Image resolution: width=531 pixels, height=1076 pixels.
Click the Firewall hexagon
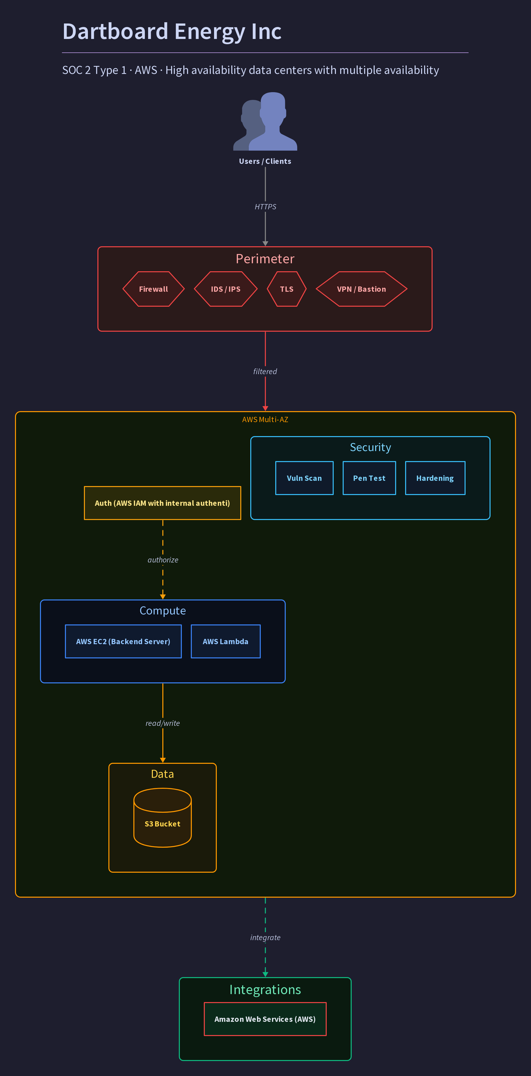click(153, 289)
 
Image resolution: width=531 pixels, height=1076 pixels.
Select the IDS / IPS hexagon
click(226, 289)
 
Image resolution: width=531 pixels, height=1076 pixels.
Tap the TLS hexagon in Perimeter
click(286, 289)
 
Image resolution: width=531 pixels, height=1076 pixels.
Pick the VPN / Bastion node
click(361, 289)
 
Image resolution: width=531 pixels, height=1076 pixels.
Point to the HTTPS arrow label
click(265, 207)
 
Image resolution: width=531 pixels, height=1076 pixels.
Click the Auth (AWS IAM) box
click(163, 503)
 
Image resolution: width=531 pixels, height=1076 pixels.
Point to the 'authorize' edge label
click(163, 560)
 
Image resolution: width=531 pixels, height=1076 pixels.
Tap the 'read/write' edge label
click(163, 723)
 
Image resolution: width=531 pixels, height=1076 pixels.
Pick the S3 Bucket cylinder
click(163, 817)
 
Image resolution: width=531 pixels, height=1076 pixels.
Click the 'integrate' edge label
click(265, 937)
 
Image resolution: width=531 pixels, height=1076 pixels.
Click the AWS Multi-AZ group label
click(265, 419)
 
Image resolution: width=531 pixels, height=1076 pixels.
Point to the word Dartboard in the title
click(115, 31)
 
